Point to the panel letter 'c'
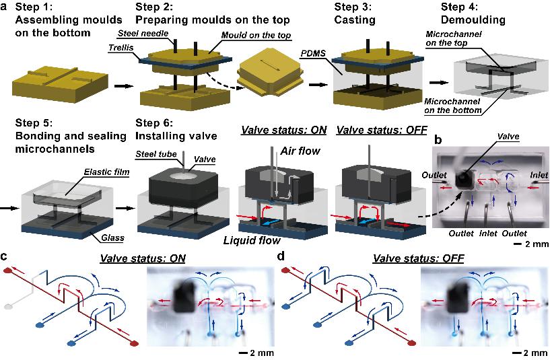pyautogui.click(x=5, y=256)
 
